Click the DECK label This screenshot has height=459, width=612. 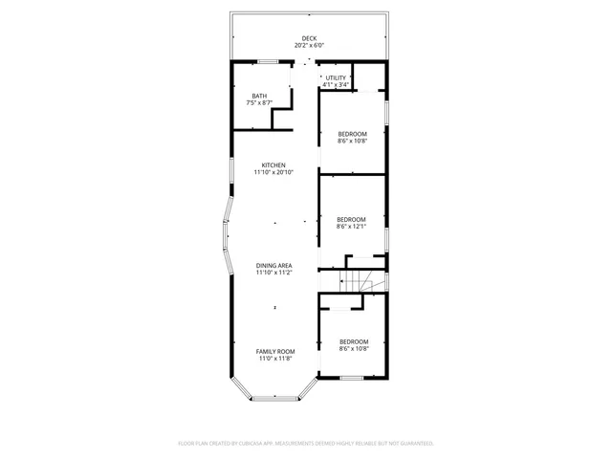tap(309, 38)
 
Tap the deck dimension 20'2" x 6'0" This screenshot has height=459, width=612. tap(309, 45)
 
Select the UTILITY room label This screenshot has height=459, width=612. tap(335, 77)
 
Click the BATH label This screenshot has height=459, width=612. tap(259, 96)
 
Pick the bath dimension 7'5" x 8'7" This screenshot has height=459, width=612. tap(259, 102)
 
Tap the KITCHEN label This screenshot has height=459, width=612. tap(273, 164)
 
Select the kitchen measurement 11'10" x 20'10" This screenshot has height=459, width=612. tap(273, 172)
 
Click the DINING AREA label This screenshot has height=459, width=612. tap(273, 265)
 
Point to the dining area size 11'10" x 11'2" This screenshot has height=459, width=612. tap(273, 273)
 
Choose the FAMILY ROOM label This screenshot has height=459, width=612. tap(273, 351)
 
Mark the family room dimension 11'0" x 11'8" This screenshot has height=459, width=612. tap(273, 359)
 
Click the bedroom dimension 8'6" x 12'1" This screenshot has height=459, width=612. tap(352, 227)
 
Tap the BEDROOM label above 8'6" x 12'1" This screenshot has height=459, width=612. tap(352, 219)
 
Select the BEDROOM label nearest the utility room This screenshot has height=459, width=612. tap(352, 134)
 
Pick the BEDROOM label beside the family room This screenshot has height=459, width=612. tap(354, 341)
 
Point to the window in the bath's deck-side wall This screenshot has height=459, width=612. tap(269, 62)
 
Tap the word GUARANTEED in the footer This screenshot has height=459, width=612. tap(413, 444)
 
